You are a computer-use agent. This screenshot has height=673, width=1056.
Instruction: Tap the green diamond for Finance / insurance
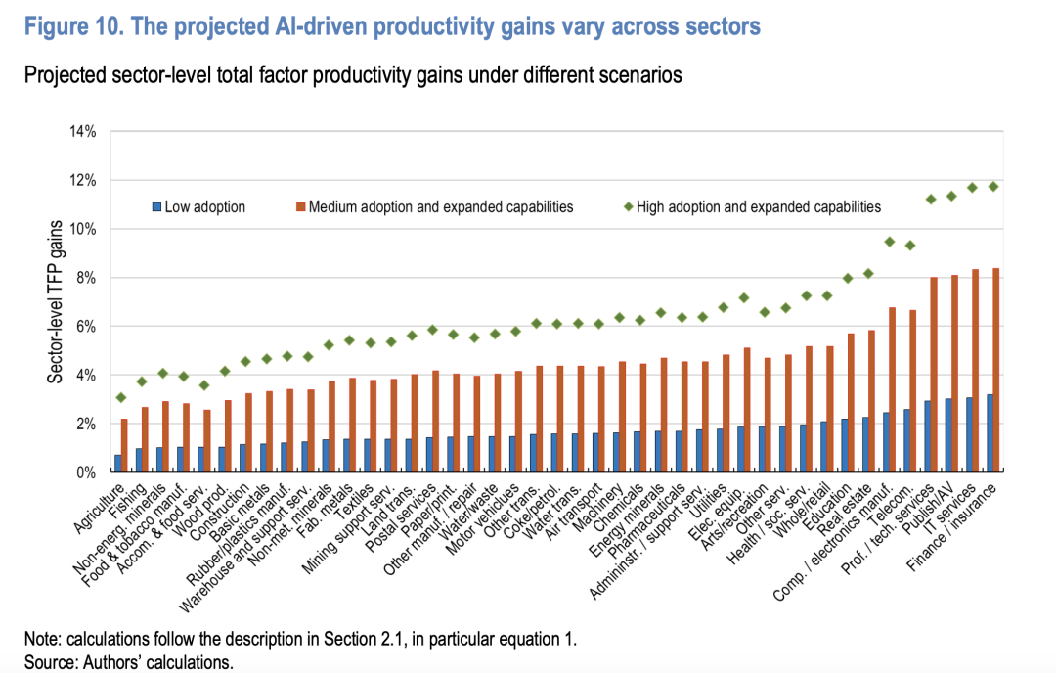coord(993,186)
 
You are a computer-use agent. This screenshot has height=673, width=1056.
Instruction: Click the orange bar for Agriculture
coord(124,445)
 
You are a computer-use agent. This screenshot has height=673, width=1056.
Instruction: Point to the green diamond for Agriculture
coord(120,397)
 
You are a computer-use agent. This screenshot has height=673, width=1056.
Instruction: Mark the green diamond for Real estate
coord(868,273)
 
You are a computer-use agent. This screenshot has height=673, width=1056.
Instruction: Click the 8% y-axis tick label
coord(83,278)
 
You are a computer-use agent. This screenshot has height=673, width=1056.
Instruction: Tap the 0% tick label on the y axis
coord(83,472)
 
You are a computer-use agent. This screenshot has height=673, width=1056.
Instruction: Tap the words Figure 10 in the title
coord(69,26)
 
